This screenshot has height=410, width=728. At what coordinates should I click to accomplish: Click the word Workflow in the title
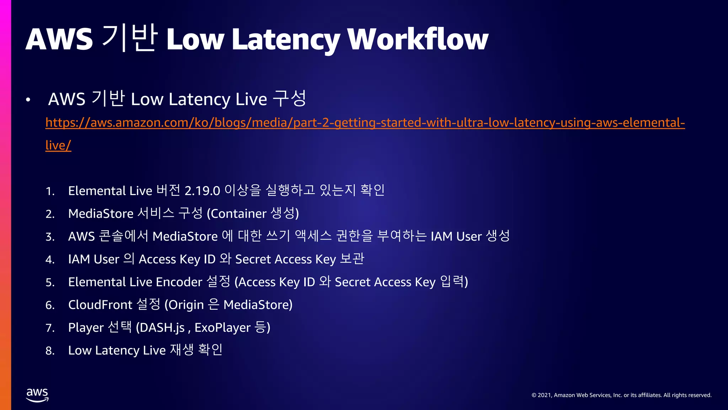[x=418, y=39]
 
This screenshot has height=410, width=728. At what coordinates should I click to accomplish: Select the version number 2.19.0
[x=202, y=191]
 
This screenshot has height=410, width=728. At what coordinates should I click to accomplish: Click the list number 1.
[x=50, y=192]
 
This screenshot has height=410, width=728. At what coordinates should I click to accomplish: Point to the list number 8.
[x=50, y=351]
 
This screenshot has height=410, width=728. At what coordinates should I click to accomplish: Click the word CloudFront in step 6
[x=100, y=305]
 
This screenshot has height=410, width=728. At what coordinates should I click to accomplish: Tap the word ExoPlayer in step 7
[x=223, y=328]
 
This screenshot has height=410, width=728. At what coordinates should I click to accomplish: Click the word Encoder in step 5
[x=179, y=282]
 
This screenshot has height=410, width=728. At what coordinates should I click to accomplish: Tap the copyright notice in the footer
[x=621, y=395]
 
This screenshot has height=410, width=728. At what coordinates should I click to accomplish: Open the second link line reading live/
[x=58, y=145]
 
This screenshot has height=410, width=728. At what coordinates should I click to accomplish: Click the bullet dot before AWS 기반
[x=28, y=100]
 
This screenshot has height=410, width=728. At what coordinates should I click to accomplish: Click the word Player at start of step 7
[x=86, y=328]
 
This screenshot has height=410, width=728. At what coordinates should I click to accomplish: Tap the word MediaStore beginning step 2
[x=101, y=214]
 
